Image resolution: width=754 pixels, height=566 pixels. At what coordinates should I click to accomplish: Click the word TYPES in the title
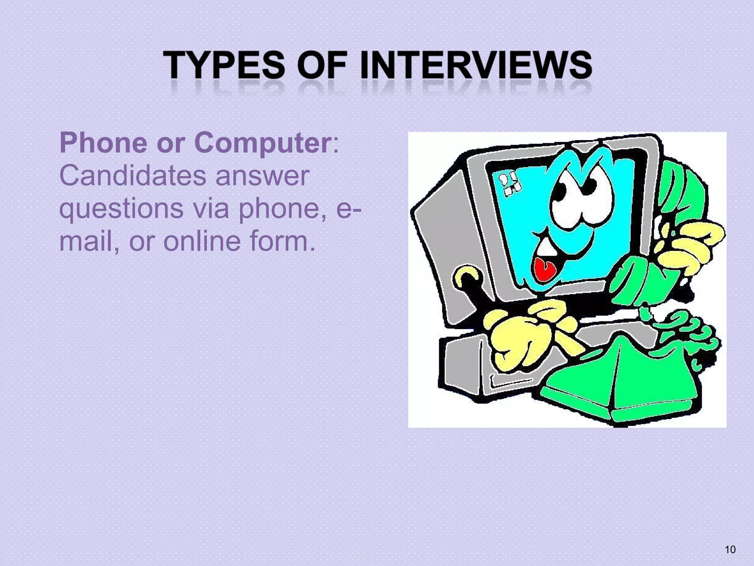coord(224,65)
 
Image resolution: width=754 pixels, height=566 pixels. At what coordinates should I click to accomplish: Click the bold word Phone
coord(103,143)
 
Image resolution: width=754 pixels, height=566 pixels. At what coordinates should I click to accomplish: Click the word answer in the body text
coord(262,176)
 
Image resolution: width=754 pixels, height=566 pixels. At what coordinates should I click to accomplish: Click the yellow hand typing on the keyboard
coord(523,332)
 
